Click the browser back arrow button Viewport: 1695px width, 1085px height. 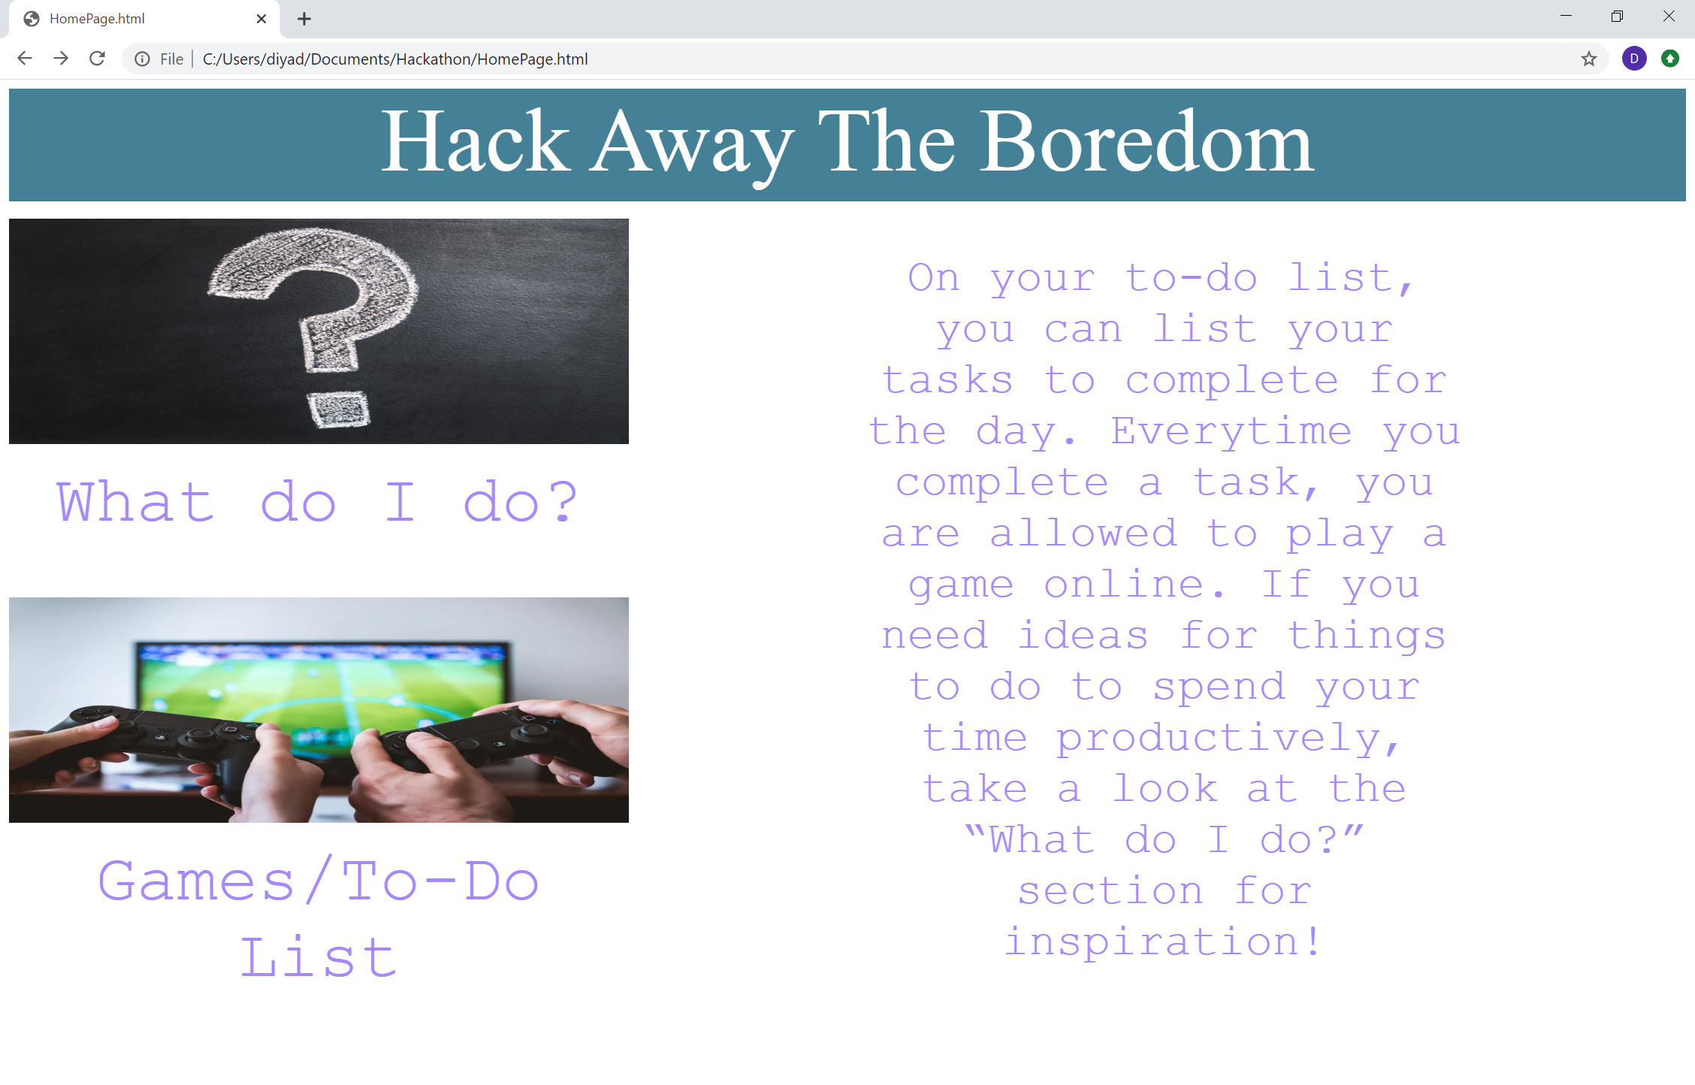tap(25, 59)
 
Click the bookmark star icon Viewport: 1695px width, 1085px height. tap(1588, 59)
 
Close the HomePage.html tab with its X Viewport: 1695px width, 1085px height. tap(261, 19)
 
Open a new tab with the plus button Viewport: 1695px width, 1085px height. tap(304, 19)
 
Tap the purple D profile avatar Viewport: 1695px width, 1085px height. tap(1634, 59)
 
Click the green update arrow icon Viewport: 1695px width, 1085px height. tap(1670, 59)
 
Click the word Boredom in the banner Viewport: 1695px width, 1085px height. tap(1147, 142)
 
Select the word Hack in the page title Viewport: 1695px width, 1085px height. tap(475, 142)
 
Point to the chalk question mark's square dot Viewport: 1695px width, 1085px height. tap(339, 410)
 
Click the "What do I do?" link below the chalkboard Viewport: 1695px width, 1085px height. tap(319, 502)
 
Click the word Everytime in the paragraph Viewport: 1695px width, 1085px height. tap(1231, 431)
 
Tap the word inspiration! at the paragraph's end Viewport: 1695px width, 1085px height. tap(1163, 942)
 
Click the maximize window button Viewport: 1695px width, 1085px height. tap(1617, 17)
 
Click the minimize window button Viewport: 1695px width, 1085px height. tap(1566, 17)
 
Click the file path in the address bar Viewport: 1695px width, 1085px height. tap(395, 59)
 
